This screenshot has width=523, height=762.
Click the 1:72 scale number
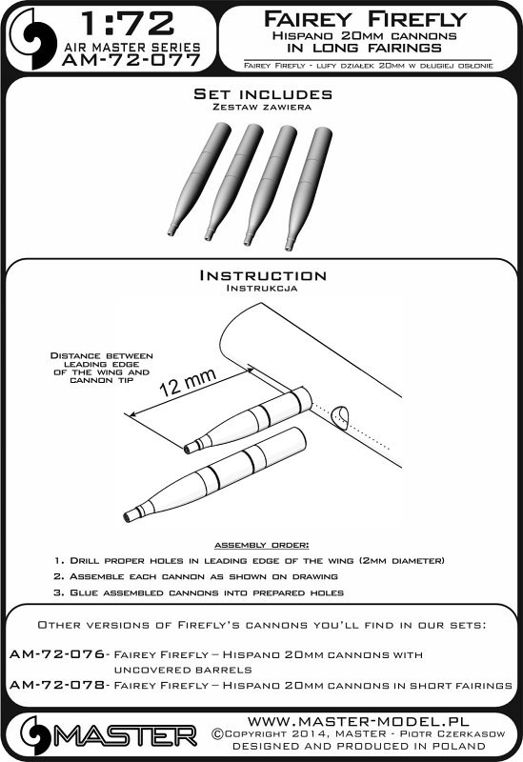pyautogui.click(x=127, y=25)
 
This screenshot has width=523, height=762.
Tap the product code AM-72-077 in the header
pyautogui.click(x=131, y=60)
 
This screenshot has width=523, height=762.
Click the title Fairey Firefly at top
pyautogui.click(x=365, y=19)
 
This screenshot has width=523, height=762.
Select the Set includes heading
pyautogui.click(x=263, y=93)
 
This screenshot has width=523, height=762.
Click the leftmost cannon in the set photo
pyautogui.click(x=198, y=179)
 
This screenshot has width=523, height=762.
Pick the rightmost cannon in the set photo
pyautogui.click(x=308, y=189)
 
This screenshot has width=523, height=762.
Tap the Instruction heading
pyautogui.click(x=263, y=275)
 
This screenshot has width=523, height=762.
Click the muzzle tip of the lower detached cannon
pyautogui.click(x=128, y=517)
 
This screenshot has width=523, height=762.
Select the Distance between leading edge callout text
pyautogui.click(x=102, y=368)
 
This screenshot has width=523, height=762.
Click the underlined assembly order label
pyautogui.click(x=261, y=545)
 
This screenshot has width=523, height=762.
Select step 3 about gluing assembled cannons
pyautogui.click(x=199, y=592)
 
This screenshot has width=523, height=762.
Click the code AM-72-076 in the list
pyautogui.click(x=57, y=654)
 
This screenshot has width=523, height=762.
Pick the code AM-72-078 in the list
pyautogui.click(x=57, y=685)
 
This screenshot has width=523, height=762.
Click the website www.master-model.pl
pyautogui.click(x=358, y=721)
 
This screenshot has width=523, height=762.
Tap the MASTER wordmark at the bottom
pyautogui.click(x=125, y=736)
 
